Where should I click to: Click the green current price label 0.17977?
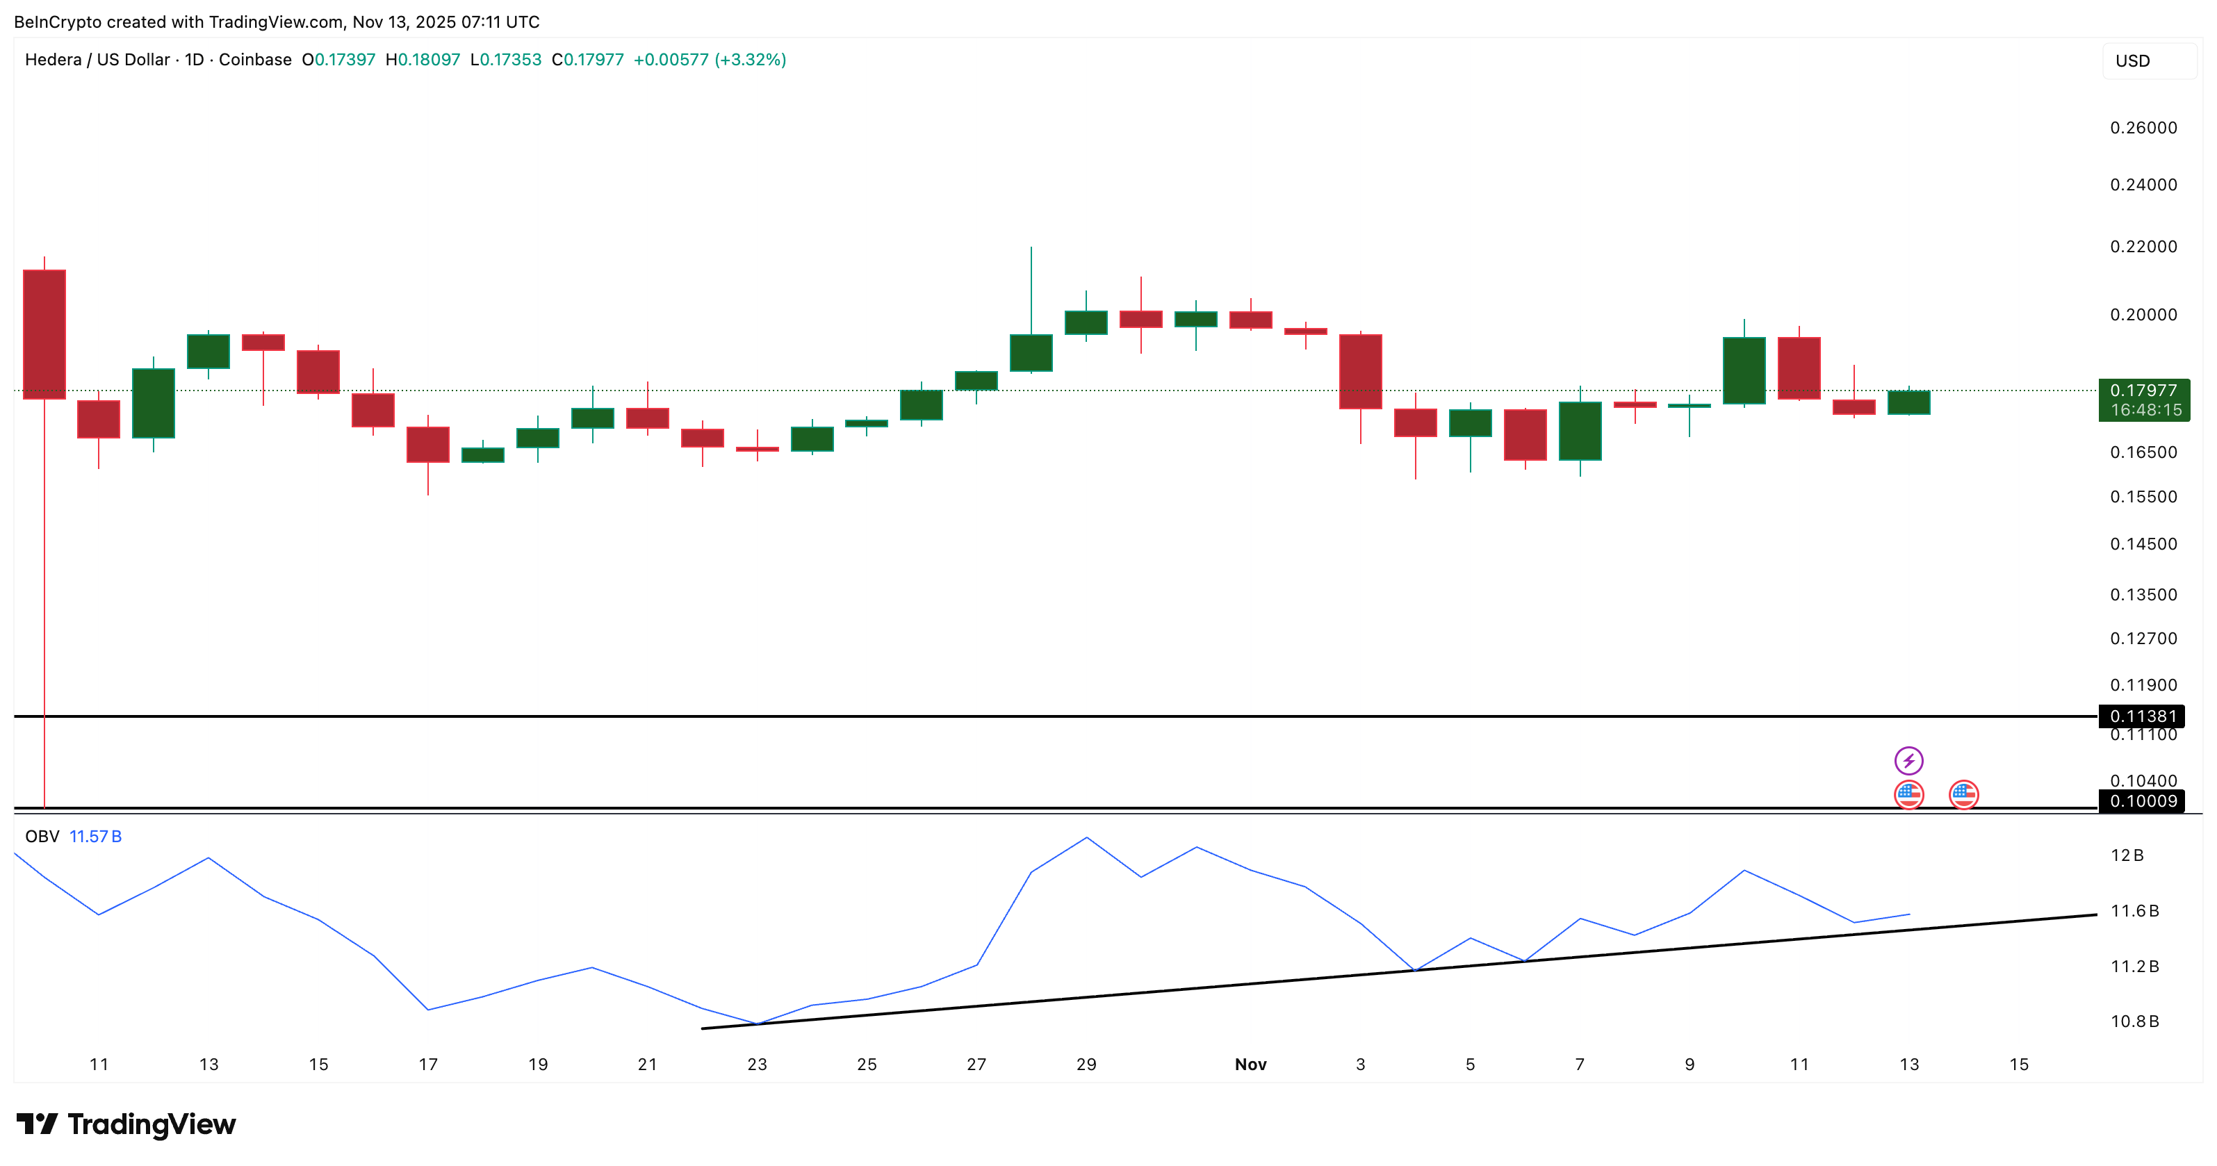click(2143, 391)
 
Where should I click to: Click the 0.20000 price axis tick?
click(2143, 315)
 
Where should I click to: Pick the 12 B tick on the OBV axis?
click(2127, 855)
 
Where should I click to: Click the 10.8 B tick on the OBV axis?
click(2134, 1021)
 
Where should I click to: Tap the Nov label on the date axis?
click(1250, 1065)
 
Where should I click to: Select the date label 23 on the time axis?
click(757, 1065)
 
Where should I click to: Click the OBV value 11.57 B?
click(95, 837)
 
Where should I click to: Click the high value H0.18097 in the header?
click(423, 59)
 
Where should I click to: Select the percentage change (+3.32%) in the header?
click(750, 59)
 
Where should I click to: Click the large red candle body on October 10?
click(44, 334)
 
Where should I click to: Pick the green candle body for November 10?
click(1744, 370)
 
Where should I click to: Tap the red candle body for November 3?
click(1360, 371)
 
